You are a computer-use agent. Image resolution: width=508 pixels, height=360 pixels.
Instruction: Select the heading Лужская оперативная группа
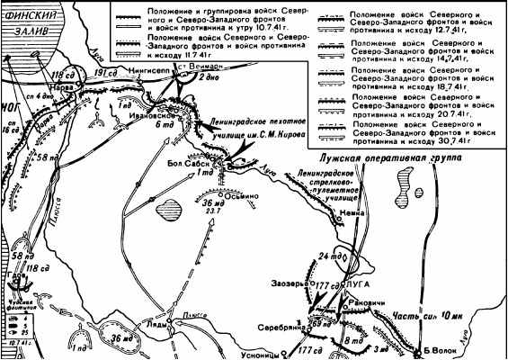389,160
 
